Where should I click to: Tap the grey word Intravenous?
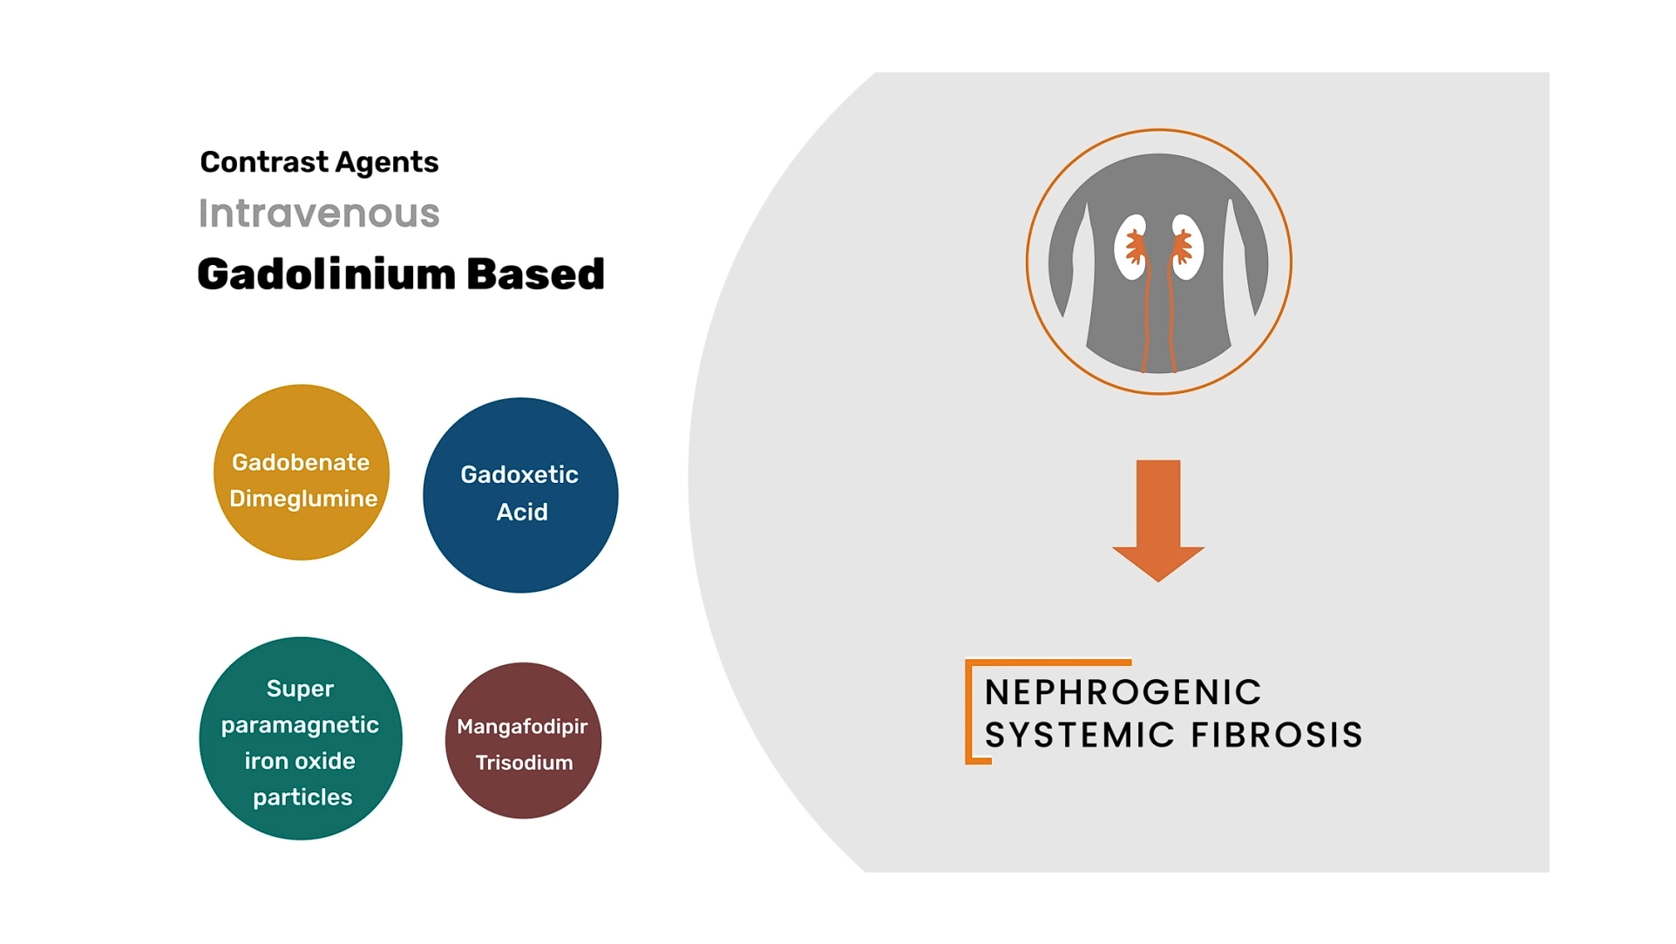(x=319, y=213)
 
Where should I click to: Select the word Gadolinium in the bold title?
(x=327, y=274)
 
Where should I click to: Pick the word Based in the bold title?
(x=535, y=274)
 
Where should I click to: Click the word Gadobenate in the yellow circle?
(x=301, y=462)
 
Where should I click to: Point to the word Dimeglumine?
(x=303, y=499)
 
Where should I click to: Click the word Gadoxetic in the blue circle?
(x=519, y=474)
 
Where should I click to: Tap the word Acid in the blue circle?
(x=522, y=512)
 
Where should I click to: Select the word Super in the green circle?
(x=300, y=689)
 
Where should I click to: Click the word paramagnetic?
(x=300, y=725)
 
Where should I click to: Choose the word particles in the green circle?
(x=302, y=798)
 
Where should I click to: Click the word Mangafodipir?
(x=522, y=727)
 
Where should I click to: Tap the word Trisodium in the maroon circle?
(x=524, y=763)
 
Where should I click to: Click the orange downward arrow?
(x=1158, y=520)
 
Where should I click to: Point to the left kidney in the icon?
(x=1131, y=247)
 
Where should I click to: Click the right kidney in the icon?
(x=1187, y=247)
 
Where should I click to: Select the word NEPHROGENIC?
(x=1123, y=693)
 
